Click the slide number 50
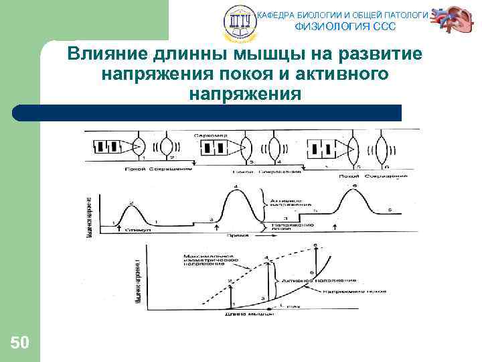pos(19,343)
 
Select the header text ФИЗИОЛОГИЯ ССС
pos(345,27)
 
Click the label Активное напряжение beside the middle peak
pos(290,202)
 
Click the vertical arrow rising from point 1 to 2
pos(230,292)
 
